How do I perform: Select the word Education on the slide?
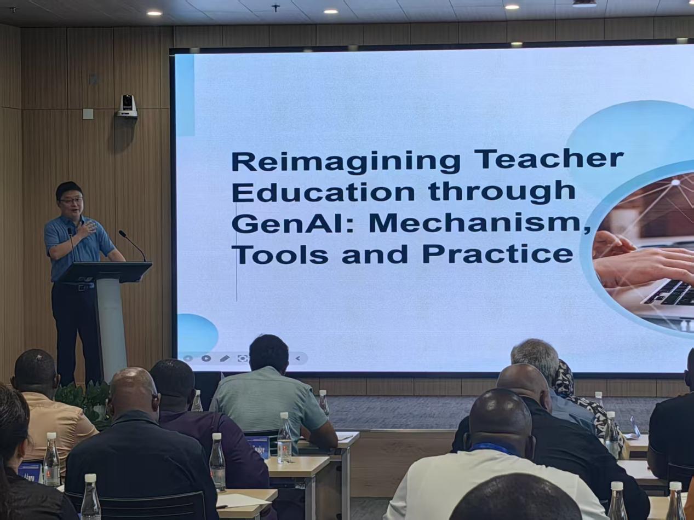click(323, 191)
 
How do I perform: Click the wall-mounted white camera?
click(127, 106)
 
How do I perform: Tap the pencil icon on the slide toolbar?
click(225, 359)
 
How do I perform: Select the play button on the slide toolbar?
click(206, 358)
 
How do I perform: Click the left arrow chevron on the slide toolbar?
click(297, 358)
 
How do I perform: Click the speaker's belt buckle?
click(83, 287)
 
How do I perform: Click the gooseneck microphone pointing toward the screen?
click(133, 245)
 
